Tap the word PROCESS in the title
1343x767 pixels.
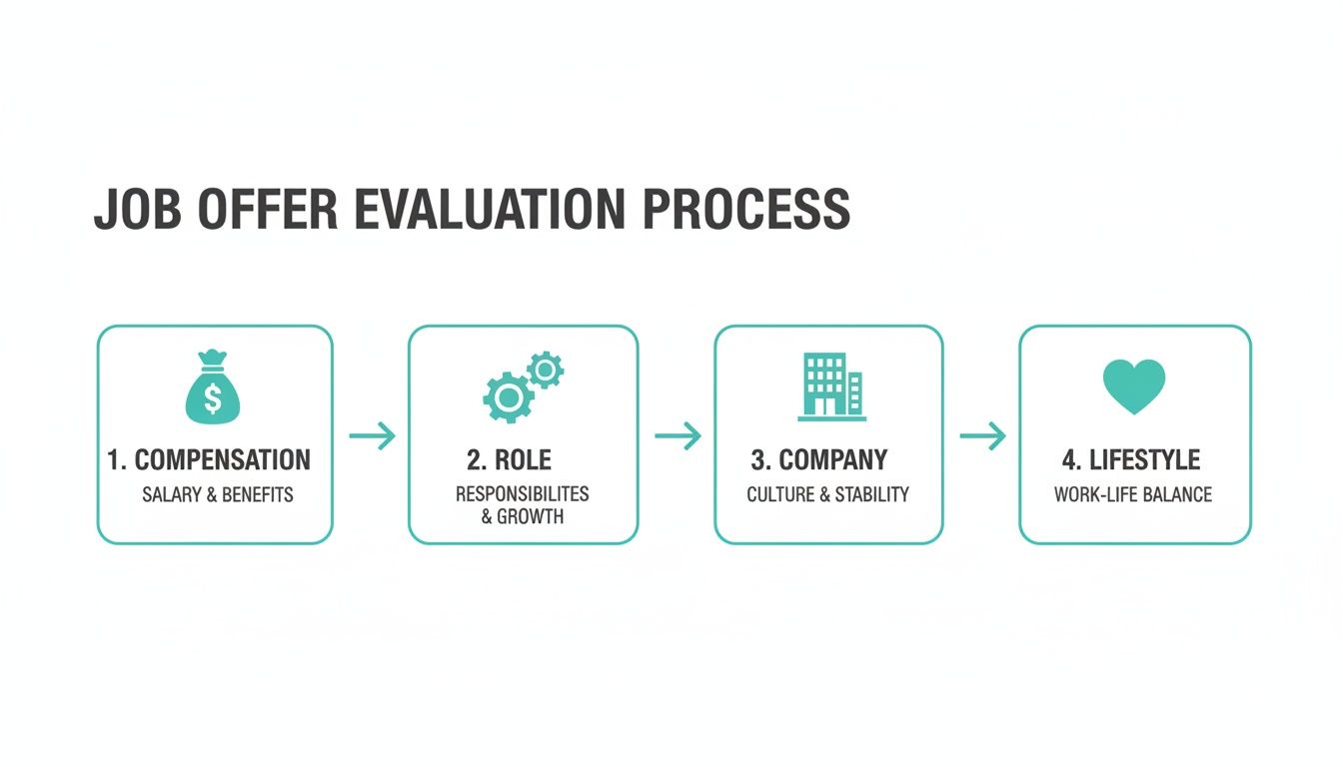coord(744,210)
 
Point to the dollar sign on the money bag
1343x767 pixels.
coord(213,397)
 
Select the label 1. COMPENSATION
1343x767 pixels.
coord(209,460)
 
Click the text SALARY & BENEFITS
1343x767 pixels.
coord(218,494)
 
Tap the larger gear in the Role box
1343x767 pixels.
coord(508,397)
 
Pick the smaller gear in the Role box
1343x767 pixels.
coord(545,371)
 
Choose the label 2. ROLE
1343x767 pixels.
coord(509,460)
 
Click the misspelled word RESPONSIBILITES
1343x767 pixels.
coord(522,494)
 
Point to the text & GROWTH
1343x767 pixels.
coord(523,517)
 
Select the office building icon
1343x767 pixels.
coord(831,385)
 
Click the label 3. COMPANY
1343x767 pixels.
coord(819,460)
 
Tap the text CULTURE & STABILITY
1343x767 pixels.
coord(828,494)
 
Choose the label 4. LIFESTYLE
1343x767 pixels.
coord(1131,460)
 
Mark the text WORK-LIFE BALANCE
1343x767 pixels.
coord(1133,494)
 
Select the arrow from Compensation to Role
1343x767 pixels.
coord(372,436)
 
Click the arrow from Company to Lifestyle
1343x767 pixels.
coord(982,436)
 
